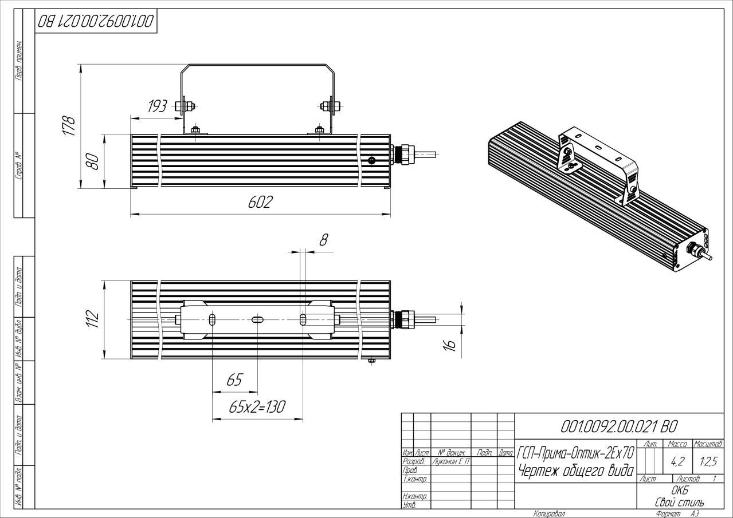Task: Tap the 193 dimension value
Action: (156, 106)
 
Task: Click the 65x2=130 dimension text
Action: (257, 406)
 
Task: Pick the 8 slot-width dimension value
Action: (323, 240)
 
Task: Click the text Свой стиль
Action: (680, 502)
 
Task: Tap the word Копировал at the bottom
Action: (549, 514)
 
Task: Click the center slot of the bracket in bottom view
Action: (257, 319)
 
